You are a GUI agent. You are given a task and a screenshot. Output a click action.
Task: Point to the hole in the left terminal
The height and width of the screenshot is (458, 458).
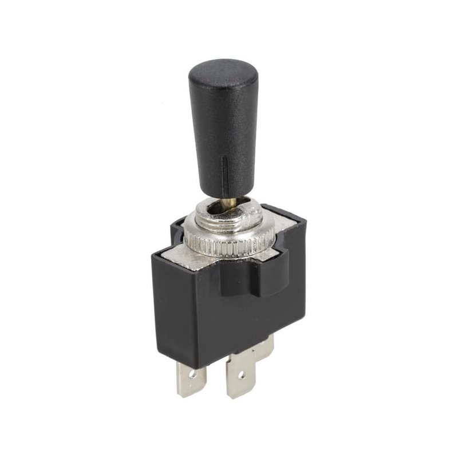(192, 376)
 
